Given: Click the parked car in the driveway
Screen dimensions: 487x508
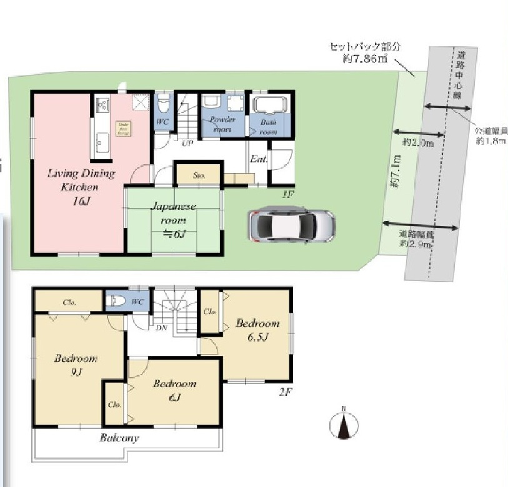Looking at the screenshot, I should point(291,225).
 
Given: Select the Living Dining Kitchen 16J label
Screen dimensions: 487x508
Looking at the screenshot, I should point(81,186).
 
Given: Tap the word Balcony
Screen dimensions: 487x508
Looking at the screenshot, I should point(119,438).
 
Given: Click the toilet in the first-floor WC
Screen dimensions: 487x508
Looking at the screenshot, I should point(164,102).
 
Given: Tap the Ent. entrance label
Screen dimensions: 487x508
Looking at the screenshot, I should point(259,160).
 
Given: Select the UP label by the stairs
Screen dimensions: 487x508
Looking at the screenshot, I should point(186,143).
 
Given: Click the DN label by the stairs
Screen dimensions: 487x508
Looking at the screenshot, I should point(161,327).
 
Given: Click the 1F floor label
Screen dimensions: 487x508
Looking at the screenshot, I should point(287,195).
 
